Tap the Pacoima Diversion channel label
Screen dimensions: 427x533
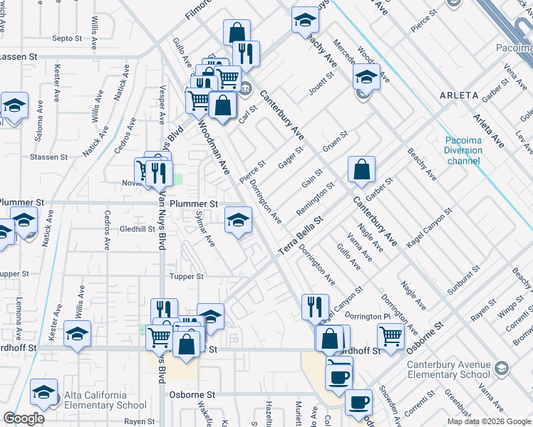click(463, 150)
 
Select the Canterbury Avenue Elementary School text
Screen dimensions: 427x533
click(448, 370)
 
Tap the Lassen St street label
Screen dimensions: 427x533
click(17, 56)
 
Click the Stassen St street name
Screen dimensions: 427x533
click(48, 156)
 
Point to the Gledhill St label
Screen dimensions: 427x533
click(138, 229)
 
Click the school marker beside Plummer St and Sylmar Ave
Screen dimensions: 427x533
click(239, 218)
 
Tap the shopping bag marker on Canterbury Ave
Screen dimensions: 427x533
click(362, 169)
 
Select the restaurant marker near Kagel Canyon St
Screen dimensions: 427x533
click(315, 306)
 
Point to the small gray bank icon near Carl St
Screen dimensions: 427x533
click(246, 89)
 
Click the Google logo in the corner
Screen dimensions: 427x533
click(23, 418)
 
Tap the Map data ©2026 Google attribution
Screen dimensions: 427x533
click(488, 421)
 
